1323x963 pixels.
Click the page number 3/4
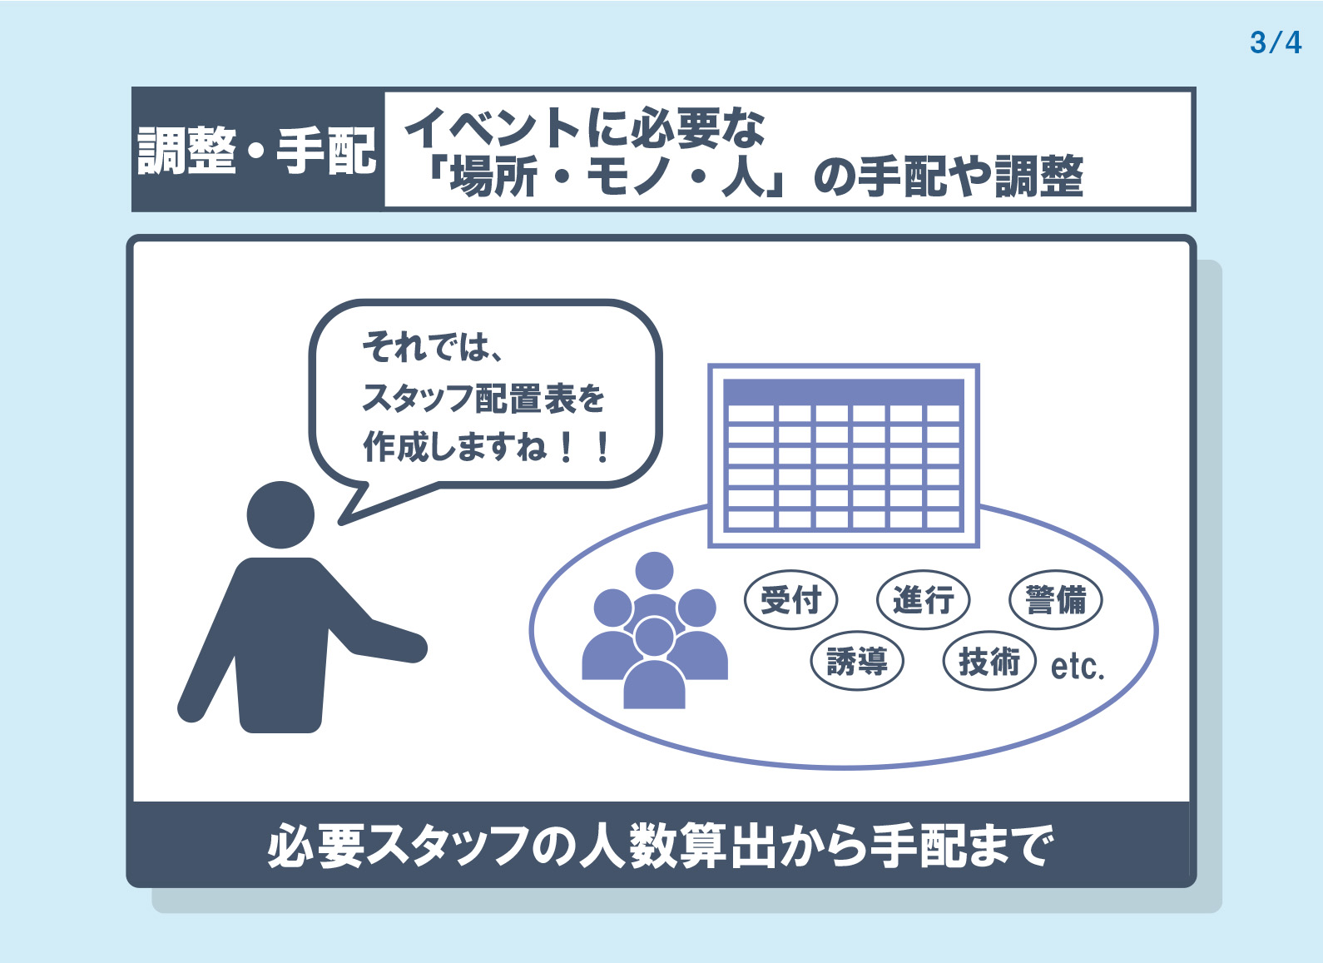[1276, 42]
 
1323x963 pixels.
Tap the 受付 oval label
[790, 599]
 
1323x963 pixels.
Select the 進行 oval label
[923, 599]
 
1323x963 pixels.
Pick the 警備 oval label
[1055, 599]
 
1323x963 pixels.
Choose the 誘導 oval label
[857, 661]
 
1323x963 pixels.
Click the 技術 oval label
[989, 661]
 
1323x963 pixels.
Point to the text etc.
[1078, 667]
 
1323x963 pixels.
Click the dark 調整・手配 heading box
[257, 150]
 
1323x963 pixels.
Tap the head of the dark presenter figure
[280, 514]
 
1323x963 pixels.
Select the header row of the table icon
[844, 392]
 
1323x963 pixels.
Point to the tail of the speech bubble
[341, 521]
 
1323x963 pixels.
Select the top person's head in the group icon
[654, 571]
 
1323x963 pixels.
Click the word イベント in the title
[493, 128]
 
